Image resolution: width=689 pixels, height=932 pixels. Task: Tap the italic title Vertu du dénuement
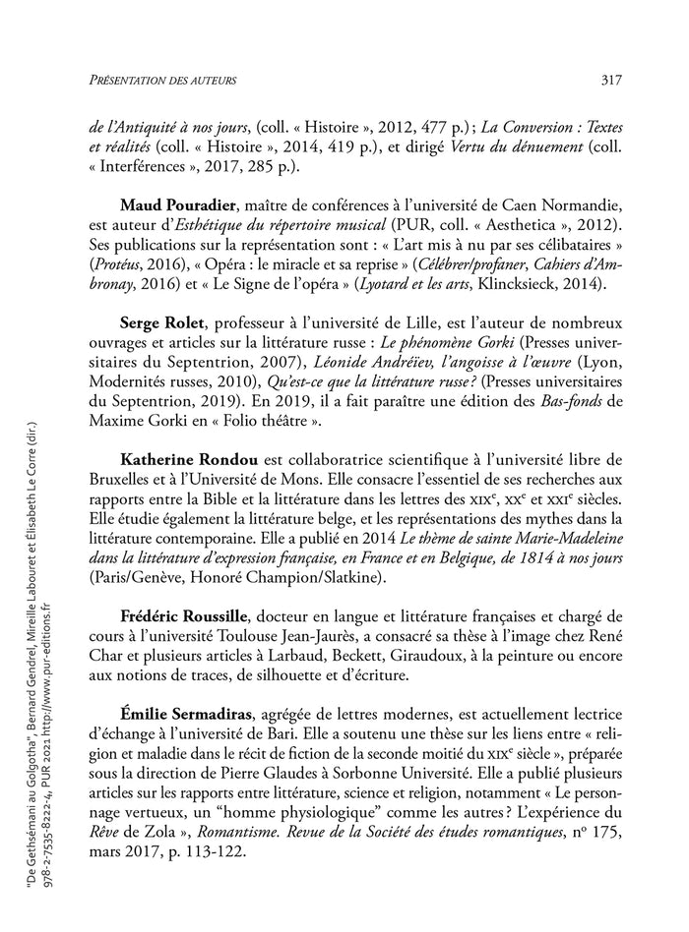[x=520, y=148]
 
